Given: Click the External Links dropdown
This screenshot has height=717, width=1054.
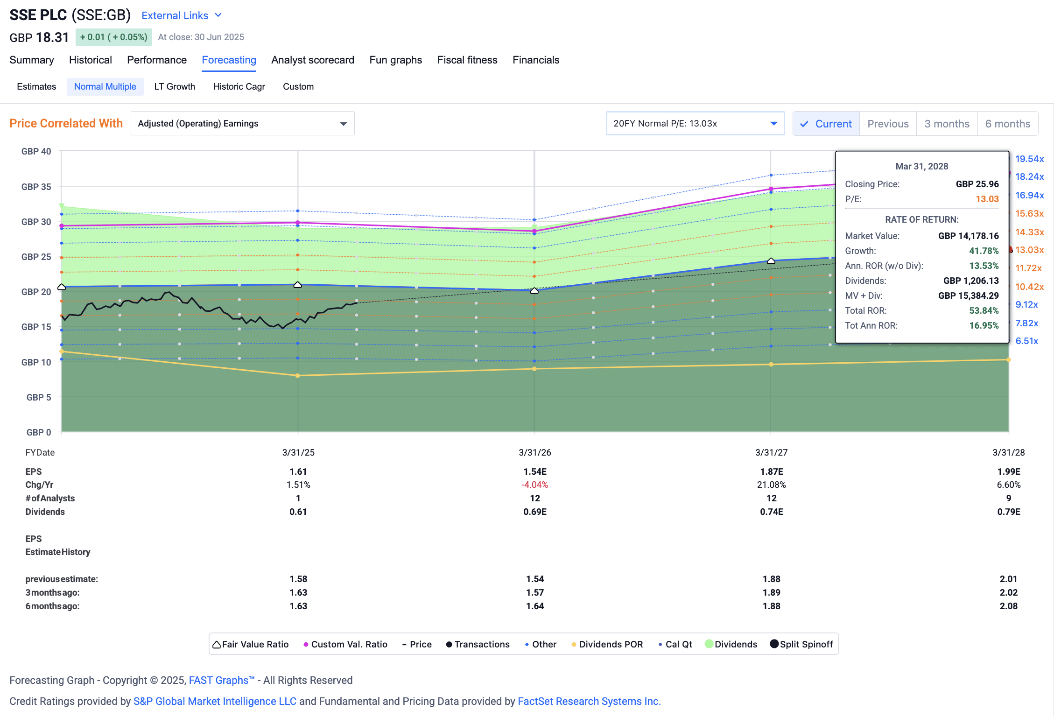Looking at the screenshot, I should [182, 15].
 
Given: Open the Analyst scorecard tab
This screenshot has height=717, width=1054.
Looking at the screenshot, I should [312, 60].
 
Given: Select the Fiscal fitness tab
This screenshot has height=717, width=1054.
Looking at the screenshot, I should [467, 60].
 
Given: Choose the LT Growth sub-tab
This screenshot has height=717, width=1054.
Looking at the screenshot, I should [175, 86].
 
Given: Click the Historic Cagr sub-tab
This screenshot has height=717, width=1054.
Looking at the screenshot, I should [239, 86].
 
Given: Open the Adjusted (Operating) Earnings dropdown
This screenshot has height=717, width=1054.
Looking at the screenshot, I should [242, 123].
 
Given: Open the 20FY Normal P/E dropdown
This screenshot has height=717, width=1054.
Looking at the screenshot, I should [695, 123].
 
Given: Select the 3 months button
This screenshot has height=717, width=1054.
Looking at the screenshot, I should [947, 124].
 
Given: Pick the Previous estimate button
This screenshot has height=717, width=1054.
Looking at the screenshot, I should [888, 124].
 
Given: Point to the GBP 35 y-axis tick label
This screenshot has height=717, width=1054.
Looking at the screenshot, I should [36, 187].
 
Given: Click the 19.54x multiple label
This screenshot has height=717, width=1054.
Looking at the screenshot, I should [1029, 159].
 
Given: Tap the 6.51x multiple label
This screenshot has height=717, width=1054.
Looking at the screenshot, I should [1026, 341].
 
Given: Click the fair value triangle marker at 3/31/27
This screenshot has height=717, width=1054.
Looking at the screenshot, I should [771, 261].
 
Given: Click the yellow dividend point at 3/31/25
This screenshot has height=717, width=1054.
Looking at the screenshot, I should [298, 375].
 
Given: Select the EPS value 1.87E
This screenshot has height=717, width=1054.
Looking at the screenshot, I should [771, 471].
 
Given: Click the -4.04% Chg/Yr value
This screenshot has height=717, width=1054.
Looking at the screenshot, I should [534, 485].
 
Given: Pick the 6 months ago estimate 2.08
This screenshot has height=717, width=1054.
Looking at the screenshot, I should [1008, 606].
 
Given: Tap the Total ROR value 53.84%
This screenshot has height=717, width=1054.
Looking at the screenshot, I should [984, 310].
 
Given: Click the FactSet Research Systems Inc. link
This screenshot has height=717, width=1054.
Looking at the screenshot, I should [589, 701].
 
